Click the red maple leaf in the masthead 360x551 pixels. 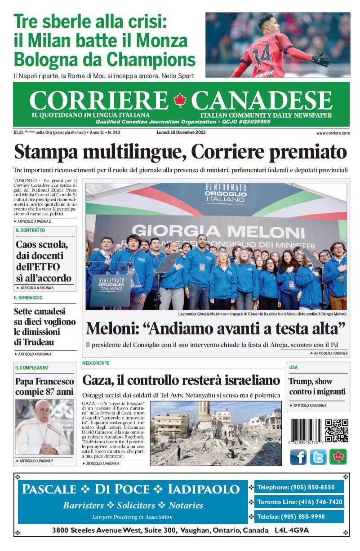point(180,100)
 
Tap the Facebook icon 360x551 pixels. point(298,457)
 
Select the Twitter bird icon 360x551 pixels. point(318,457)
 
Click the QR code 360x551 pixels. point(337,431)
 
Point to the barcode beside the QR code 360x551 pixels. point(306,431)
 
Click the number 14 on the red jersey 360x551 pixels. point(264,53)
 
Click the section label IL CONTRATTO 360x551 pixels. point(30,230)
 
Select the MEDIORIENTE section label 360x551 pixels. point(96,363)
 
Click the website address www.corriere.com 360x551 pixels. point(333,133)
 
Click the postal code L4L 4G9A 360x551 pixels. point(292,530)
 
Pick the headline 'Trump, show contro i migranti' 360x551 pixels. point(311,386)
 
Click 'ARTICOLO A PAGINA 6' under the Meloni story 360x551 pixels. point(330,353)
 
